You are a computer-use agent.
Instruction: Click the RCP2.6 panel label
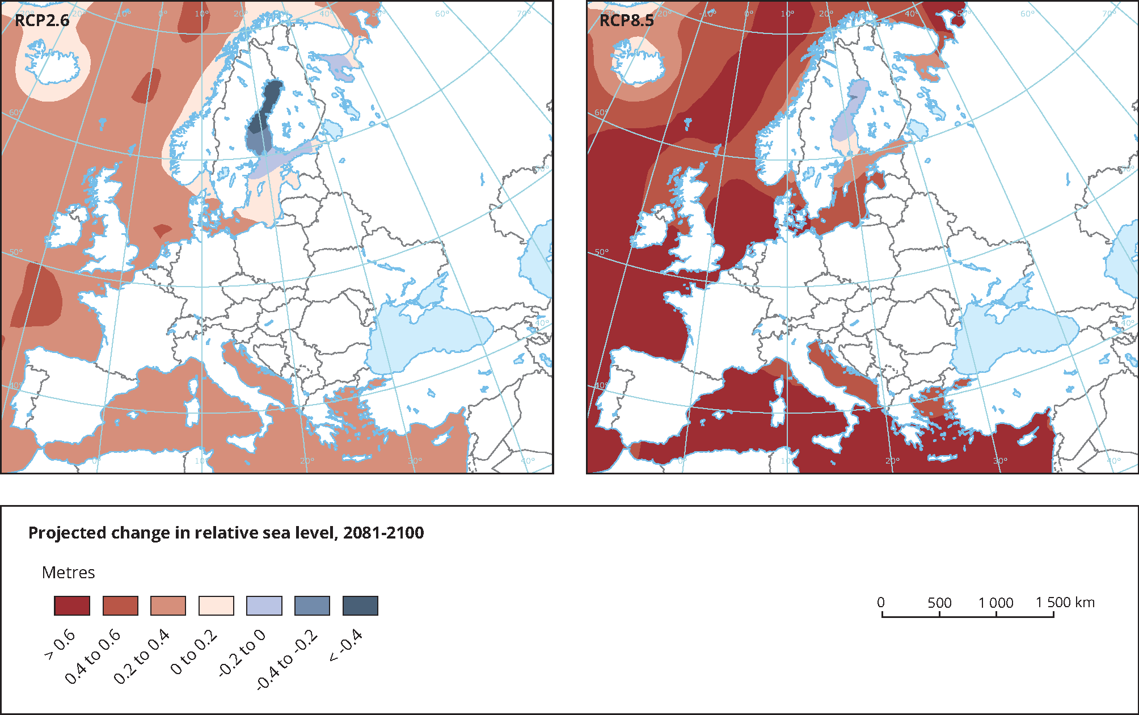coord(42,20)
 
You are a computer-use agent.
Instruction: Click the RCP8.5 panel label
coord(626,20)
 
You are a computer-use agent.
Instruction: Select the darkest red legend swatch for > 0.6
coord(72,605)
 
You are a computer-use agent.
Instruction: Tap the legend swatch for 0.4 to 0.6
coord(120,605)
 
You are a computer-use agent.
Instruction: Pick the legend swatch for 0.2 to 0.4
coord(168,605)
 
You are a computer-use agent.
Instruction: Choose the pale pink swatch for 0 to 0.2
coord(216,605)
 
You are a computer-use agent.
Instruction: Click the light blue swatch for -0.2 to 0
coord(264,605)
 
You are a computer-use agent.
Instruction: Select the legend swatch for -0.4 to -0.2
coord(312,605)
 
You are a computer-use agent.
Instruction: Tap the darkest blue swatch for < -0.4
coord(360,605)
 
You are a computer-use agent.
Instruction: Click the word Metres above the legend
coord(68,572)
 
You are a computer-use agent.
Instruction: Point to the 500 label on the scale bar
coord(939,603)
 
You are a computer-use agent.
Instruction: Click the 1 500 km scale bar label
coord(1065,602)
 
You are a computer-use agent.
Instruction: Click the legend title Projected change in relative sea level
coord(226,533)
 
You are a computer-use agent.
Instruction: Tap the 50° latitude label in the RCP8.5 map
coord(601,252)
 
